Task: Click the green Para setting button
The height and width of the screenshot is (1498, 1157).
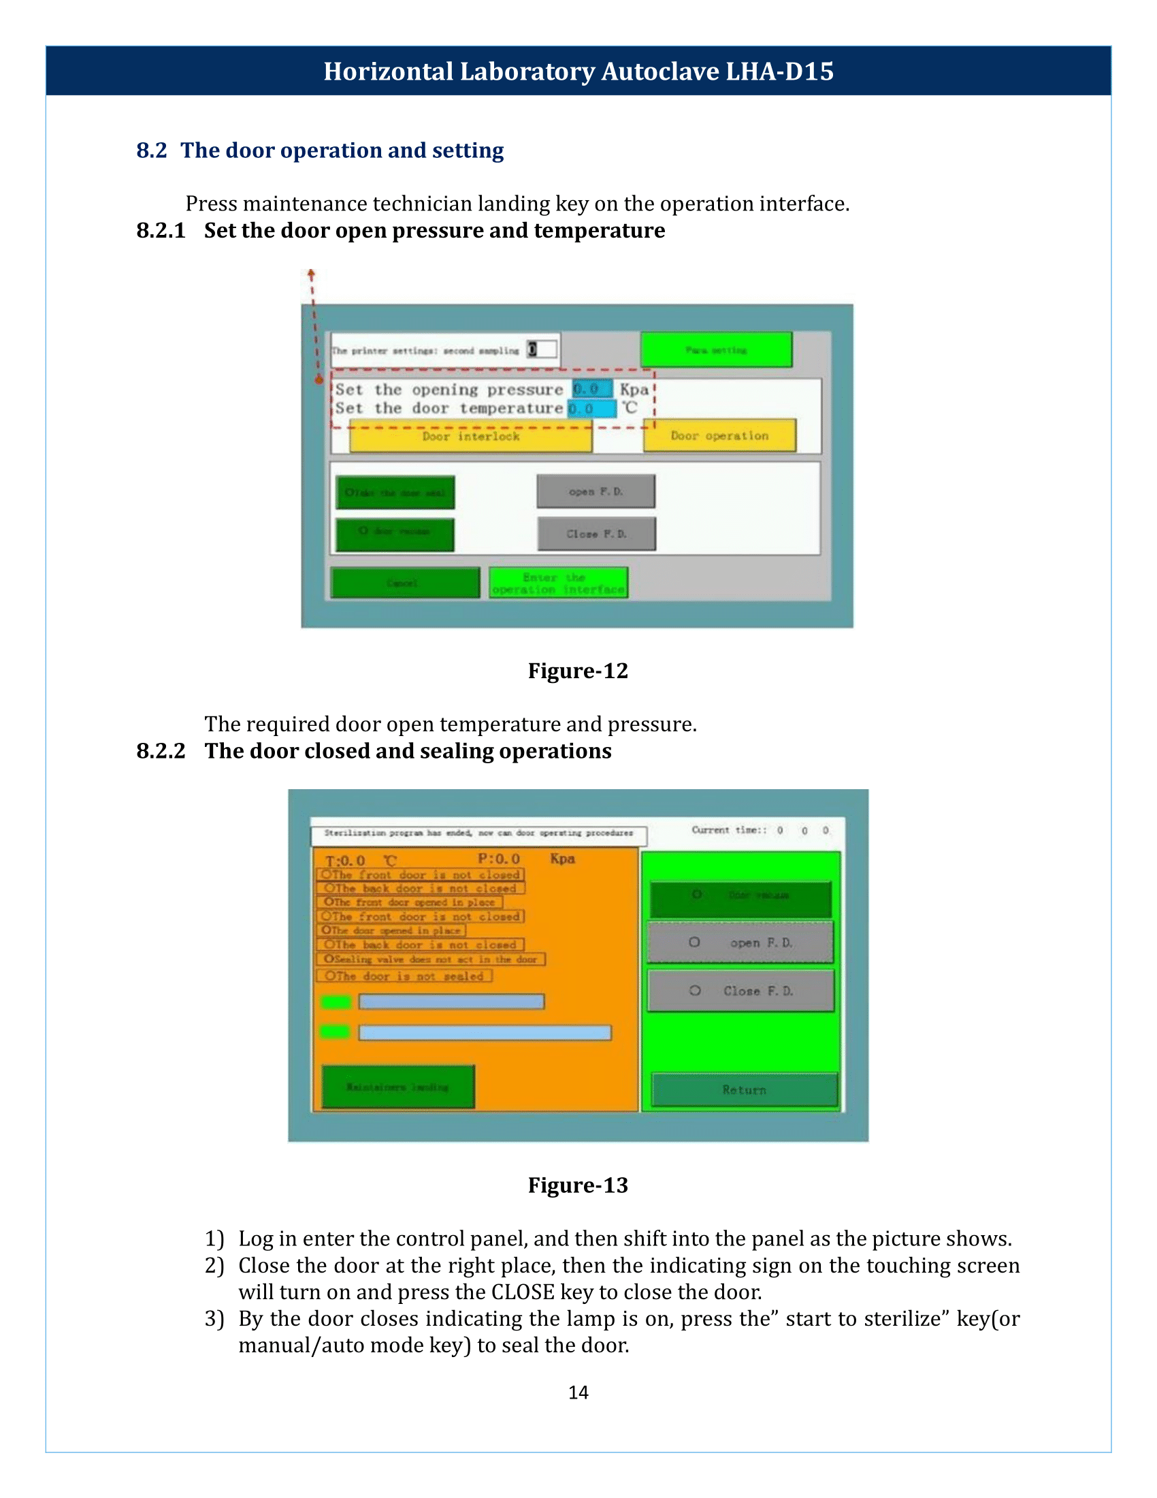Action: [x=716, y=350]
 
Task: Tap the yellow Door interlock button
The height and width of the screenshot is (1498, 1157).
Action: [x=471, y=437]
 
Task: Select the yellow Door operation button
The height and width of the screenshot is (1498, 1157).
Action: [x=719, y=436]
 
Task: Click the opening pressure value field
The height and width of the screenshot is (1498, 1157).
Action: [x=592, y=389]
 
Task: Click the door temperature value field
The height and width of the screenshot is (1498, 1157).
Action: [x=592, y=409]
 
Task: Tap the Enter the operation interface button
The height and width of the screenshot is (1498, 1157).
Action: [x=558, y=583]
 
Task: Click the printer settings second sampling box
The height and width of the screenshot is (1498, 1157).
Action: [x=541, y=350]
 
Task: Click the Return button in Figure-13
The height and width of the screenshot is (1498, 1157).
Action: [x=745, y=1090]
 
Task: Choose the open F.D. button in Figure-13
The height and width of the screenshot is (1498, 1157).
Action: [x=741, y=942]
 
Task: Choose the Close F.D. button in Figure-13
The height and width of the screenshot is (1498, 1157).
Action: [x=741, y=991]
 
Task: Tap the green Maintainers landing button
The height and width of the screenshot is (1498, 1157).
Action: [x=397, y=1087]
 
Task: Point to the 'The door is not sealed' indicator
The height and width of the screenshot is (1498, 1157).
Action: [x=404, y=976]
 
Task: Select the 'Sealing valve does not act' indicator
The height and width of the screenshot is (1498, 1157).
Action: [x=431, y=959]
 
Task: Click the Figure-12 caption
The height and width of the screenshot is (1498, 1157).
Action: [x=578, y=670]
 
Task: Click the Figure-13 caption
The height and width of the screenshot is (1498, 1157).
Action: [x=578, y=1185]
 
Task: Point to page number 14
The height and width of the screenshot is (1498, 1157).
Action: [x=578, y=1392]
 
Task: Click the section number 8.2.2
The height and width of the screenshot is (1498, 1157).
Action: [x=161, y=750]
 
